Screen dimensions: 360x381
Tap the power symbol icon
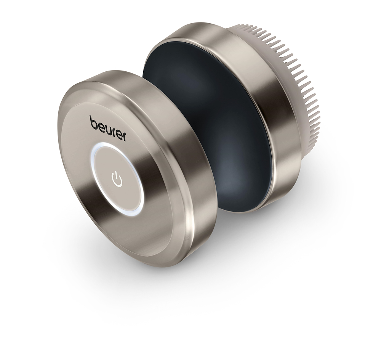[117, 178]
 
